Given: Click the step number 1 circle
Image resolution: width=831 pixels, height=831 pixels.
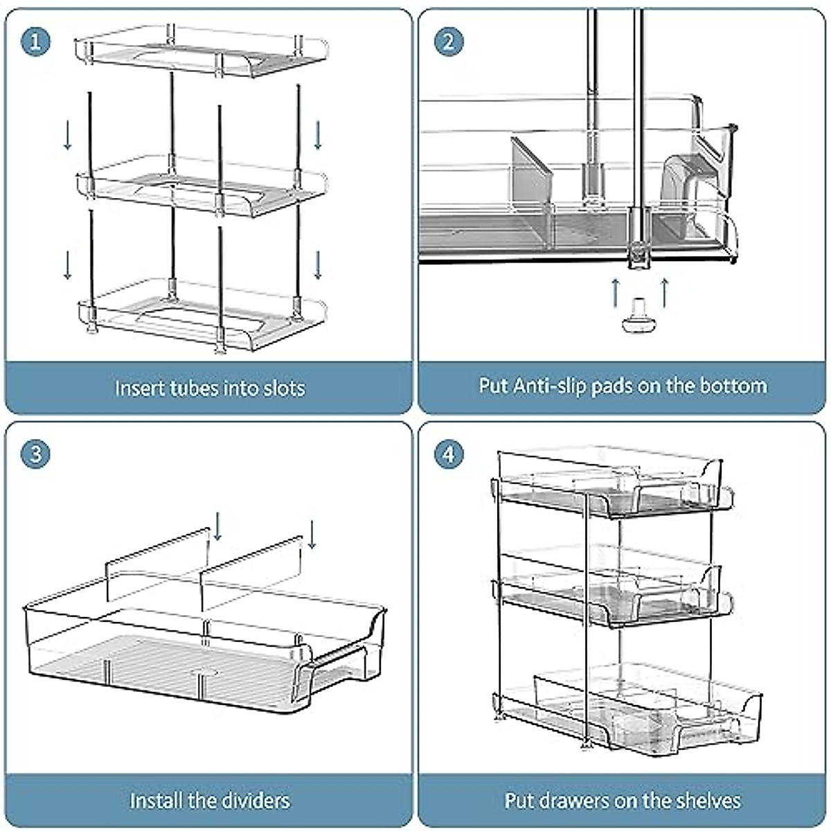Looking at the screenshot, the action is pos(36,42).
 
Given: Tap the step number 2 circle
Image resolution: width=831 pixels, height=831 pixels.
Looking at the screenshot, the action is pos(449,42).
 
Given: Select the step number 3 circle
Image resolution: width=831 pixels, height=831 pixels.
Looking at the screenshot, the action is pos(36,454).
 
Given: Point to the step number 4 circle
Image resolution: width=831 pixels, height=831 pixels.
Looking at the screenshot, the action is pos(449,454).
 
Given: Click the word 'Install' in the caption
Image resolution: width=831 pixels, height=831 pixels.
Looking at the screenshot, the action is pos(156,801).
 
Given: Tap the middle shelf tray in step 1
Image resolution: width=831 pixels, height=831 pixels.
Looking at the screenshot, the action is pos(201,186).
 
